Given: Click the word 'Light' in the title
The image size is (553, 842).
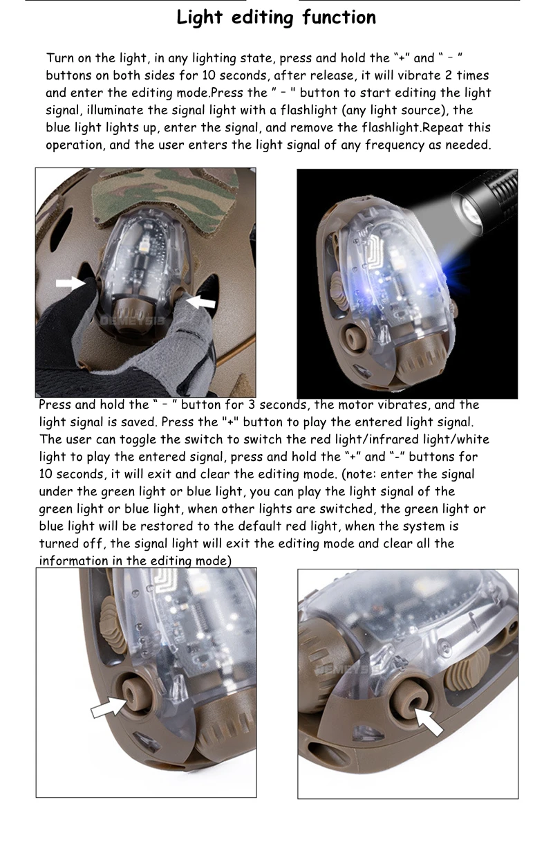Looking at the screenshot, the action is pos(199,18).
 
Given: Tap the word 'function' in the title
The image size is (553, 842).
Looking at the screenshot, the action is pos(339,17).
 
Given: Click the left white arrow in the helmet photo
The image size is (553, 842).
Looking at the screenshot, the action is pos(70,284).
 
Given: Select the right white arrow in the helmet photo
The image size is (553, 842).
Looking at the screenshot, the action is pos(200,301).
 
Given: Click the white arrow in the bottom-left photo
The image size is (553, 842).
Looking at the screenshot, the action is pos(109,707).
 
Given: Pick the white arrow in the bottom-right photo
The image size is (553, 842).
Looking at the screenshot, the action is pos(429,721).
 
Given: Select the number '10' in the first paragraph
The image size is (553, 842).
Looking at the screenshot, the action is pos(209,75).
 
